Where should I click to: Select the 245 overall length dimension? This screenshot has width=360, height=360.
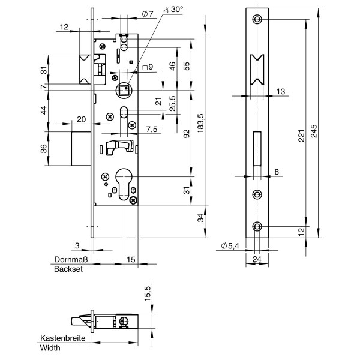[316, 131]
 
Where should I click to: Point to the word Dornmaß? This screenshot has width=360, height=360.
[71, 260]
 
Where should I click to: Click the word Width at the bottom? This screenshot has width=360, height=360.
[50, 348]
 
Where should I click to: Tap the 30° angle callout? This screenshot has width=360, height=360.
[176, 10]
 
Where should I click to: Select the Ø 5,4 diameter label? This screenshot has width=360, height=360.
[229, 246]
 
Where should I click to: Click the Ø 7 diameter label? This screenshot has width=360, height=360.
[147, 13]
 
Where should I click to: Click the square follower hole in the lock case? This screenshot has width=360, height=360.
[123, 90]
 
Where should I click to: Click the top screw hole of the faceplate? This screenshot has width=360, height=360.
[258, 20]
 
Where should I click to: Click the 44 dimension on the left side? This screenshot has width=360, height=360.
[44, 110]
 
